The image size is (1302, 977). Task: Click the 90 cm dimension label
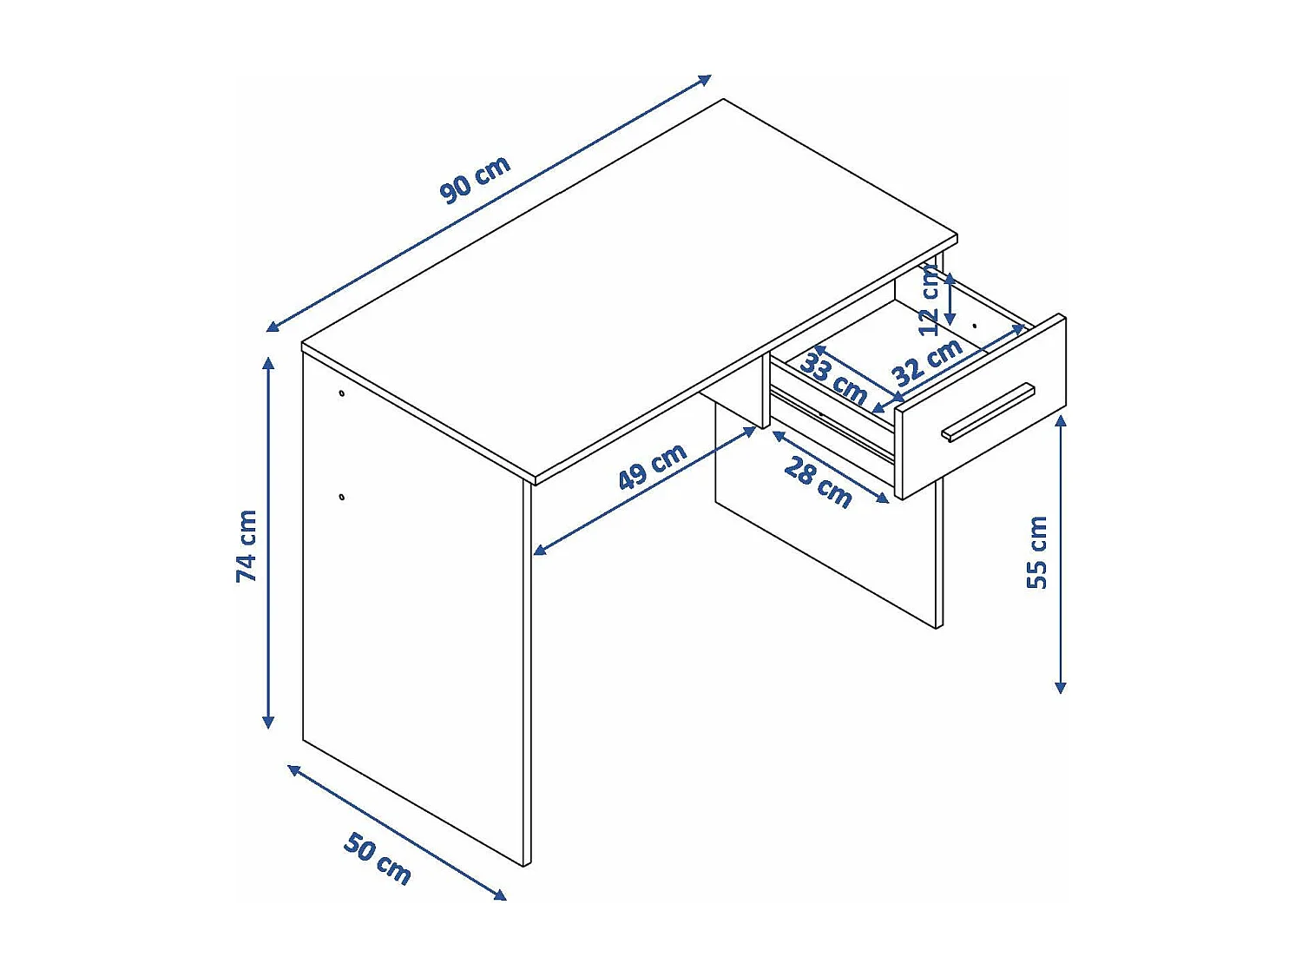(475, 180)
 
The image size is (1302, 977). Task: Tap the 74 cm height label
(247, 545)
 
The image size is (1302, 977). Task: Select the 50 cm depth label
(378, 858)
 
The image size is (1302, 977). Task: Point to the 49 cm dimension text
(652, 466)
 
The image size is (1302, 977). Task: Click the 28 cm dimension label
(818, 482)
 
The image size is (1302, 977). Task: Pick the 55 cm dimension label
(1037, 552)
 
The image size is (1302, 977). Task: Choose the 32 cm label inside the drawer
(927, 361)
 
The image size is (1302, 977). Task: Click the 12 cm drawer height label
(929, 301)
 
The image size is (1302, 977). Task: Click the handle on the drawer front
(988, 412)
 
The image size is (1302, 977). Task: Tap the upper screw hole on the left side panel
(342, 393)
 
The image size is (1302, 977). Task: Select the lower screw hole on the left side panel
(342, 497)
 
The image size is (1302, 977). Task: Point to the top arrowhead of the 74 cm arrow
(268, 361)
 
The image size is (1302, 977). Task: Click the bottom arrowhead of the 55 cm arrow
(1060, 688)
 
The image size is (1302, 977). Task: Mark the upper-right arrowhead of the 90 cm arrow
(707, 79)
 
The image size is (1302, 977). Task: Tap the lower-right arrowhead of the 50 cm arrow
(500, 895)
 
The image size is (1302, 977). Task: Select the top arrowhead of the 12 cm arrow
(950, 278)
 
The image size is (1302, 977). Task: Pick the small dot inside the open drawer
(975, 326)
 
